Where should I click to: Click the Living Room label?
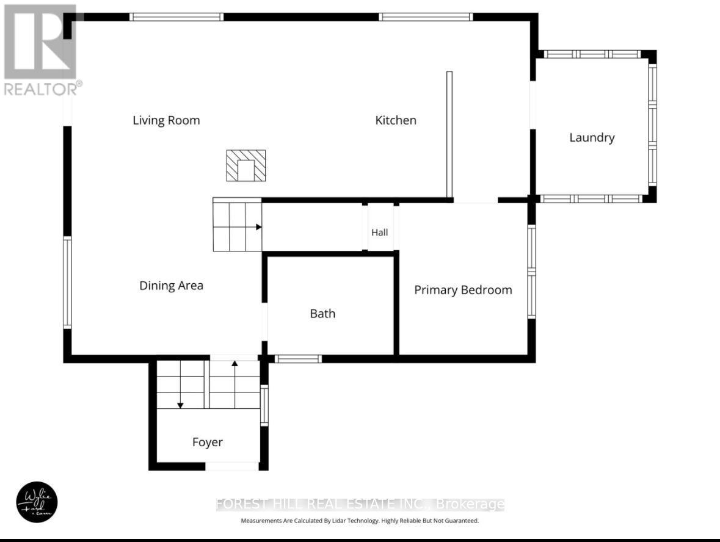click(166, 120)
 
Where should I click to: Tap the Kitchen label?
click(396, 120)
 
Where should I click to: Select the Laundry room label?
click(591, 137)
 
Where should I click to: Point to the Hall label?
click(380, 232)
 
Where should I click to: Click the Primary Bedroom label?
click(463, 290)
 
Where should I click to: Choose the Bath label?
click(322, 314)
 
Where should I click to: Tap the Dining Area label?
click(171, 285)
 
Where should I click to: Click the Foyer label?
click(207, 442)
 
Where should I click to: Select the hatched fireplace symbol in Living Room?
click(245, 165)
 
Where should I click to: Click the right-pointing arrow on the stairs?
click(258, 227)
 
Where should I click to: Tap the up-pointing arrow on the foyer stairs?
click(235, 364)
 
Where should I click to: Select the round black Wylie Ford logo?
click(37, 502)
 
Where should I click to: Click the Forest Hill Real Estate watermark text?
click(360, 504)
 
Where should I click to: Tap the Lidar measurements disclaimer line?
click(360, 521)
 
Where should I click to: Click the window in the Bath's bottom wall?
click(297, 359)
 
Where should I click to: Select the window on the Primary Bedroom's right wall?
click(531, 272)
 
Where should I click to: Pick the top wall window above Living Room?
click(176, 17)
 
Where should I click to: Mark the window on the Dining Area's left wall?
click(67, 283)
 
